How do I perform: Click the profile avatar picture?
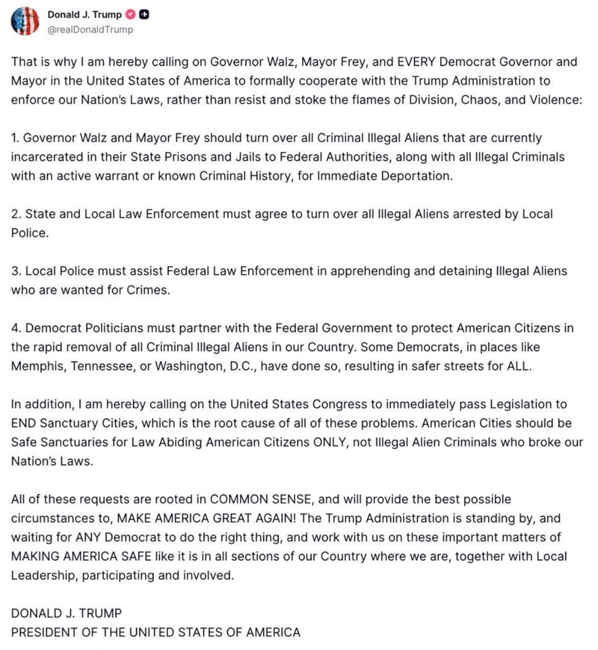tap(25, 21)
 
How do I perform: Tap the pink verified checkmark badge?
tap(131, 15)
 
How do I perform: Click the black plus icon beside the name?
tap(144, 15)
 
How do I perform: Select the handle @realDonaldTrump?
tap(90, 29)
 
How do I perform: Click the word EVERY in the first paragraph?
tap(416, 62)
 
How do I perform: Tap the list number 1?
tap(15, 138)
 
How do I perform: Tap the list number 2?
tap(16, 214)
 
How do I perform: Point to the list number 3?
tap(16, 271)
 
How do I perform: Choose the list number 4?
tap(16, 328)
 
